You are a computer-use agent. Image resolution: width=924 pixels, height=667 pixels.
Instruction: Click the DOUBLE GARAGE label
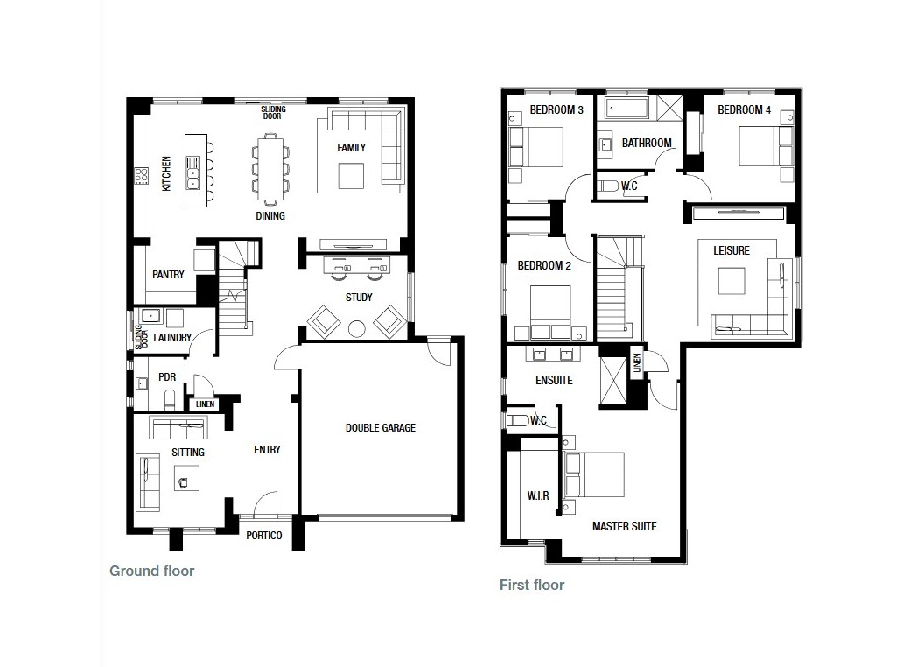click(x=380, y=427)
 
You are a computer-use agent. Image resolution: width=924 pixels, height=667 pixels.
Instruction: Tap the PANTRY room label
click(x=168, y=274)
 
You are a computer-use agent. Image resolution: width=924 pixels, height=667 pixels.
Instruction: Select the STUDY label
click(x=359, y=298)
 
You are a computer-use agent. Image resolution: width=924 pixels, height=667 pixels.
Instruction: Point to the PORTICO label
click(x=264, y=536)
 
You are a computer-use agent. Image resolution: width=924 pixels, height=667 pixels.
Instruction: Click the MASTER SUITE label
click(x=625, y=526)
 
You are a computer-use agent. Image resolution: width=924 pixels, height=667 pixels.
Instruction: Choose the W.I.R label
click(x=538, y=495)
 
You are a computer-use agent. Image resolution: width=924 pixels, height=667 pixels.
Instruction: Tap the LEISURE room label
click(x=731, y=250)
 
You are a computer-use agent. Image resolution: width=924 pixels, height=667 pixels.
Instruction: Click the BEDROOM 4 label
click(x=745, y=109)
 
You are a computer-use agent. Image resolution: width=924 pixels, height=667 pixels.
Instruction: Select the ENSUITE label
click(x=554, y=381)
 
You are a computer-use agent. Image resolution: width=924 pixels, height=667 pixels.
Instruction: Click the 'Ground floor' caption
click(x=152, y=571)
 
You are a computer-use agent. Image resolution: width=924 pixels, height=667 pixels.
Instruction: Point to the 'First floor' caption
click(x=532, y=585)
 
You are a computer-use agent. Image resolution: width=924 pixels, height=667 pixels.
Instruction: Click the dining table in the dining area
click(x=270, y=169)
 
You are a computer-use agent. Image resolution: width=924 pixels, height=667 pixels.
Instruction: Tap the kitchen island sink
click(x=192, y=172)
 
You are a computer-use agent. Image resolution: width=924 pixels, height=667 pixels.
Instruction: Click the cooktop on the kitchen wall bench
click(x=141, y=175)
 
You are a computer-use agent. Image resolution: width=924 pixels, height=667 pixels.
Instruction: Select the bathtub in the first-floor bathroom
click(x=626, y=109)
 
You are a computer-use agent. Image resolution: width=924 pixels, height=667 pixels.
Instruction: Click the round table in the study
click(x=356, y=328)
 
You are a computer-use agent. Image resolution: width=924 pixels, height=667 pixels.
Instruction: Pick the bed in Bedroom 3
click(x=536, y=147)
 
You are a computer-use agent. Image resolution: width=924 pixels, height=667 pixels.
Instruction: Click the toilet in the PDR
click(x=171, y=400)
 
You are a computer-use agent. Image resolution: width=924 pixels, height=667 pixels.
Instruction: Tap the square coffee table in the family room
click(x=351, y=176)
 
